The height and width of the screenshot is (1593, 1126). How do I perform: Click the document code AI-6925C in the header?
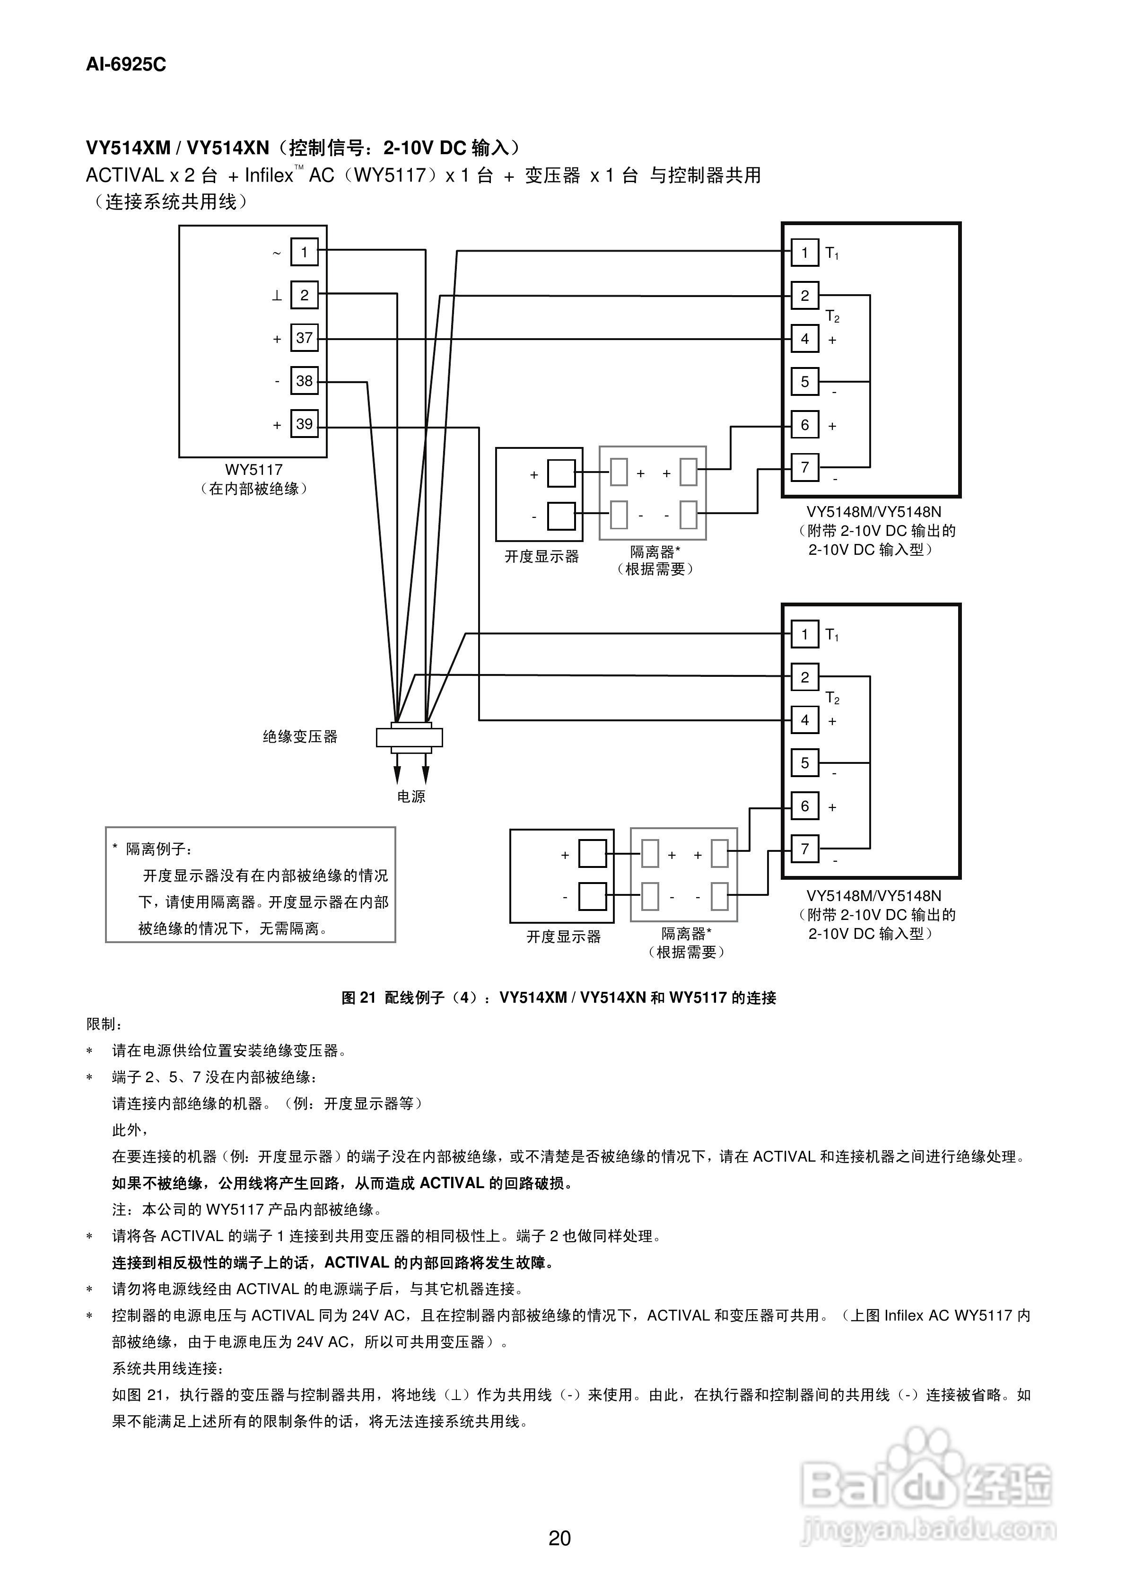(x=126, y=64)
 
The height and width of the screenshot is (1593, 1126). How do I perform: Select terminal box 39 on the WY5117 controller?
(x=304, y=424)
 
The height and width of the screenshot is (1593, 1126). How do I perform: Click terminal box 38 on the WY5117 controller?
(x=304, y=381)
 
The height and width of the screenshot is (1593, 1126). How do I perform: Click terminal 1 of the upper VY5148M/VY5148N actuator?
(x=805, y=253)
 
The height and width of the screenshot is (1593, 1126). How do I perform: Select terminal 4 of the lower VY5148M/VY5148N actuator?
(x=805, y=720)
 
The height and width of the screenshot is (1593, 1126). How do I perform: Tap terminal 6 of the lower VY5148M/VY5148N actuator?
(x=805, y=806)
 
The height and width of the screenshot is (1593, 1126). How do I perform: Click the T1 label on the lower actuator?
(x=832, y=635)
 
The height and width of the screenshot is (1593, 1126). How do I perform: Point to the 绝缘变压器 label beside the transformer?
(x=300, y=737)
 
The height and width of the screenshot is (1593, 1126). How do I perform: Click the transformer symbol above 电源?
(x=410, y=737)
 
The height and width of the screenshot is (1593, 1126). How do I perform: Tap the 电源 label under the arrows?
(x=410, y=796)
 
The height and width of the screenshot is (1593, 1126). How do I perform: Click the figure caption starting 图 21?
(x=559, y=998)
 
